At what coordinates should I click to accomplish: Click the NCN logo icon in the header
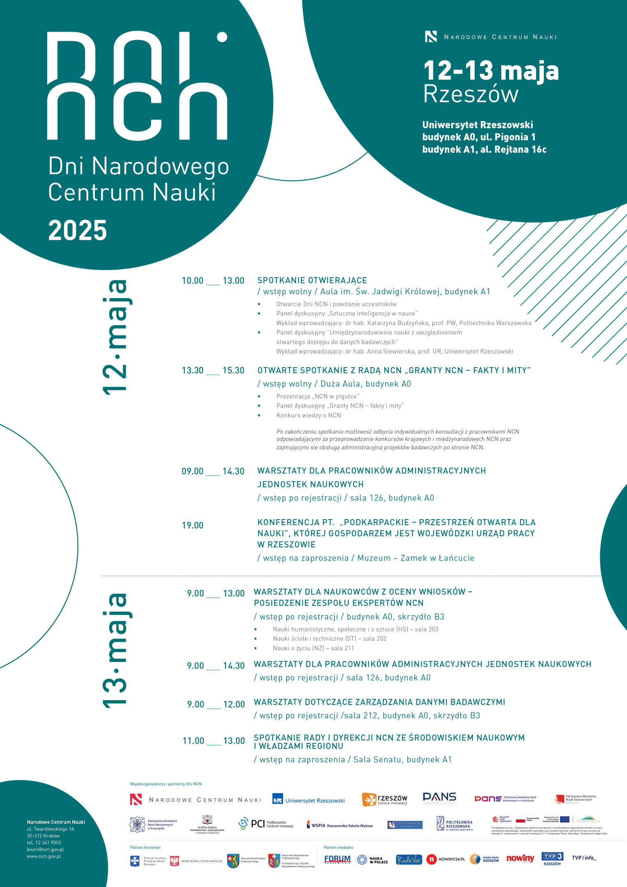431,37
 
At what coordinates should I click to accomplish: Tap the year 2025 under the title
78,230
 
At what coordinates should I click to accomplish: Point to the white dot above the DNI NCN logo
222,37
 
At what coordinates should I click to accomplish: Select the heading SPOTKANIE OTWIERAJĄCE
312,280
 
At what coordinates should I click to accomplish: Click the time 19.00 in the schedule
193,525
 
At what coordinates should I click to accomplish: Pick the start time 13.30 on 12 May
193,370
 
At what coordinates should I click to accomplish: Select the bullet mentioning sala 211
313,648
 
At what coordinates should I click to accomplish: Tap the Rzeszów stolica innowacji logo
385,800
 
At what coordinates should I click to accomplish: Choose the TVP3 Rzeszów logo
552,858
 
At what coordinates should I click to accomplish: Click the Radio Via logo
409,859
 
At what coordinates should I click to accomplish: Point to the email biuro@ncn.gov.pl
45,850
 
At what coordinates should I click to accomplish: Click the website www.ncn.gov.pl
44,857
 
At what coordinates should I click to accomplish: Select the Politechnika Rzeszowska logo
455,824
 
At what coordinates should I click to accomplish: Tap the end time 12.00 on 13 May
234,704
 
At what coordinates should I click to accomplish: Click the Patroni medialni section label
338,847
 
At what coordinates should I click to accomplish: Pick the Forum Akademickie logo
338,859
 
